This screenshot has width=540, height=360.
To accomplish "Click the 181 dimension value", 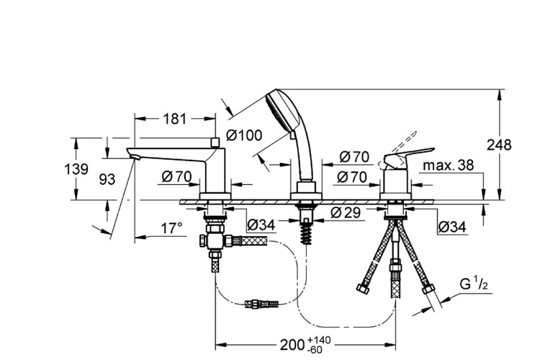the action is (174, 119).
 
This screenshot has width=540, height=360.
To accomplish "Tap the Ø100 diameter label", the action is (244, 135).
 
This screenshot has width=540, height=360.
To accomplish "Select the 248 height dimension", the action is (499, 145).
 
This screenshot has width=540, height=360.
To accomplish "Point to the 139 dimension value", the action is (76, 169).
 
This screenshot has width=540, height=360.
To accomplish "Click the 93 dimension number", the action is (107, 179).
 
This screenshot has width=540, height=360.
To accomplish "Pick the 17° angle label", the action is (171, 228).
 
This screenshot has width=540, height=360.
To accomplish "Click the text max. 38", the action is (448, 166).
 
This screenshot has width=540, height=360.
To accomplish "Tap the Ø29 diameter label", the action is (346, 212).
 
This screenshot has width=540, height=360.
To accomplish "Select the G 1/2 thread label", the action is (474, 285).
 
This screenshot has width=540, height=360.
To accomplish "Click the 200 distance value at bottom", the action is (292, 345).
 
